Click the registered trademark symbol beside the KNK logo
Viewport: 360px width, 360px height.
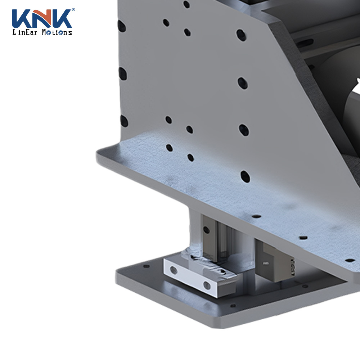[73, 9]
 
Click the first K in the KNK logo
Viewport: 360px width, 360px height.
[20, 19]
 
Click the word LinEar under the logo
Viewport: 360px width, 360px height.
[25, 32]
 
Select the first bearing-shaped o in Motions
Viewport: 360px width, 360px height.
[49, 33]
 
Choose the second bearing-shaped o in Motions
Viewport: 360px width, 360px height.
[60, 33]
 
